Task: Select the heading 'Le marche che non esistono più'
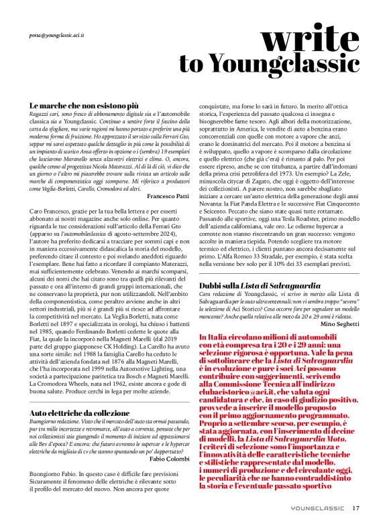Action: (84, 106)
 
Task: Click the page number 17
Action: (356, 508)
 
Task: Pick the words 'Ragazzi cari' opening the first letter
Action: (42, 115)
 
